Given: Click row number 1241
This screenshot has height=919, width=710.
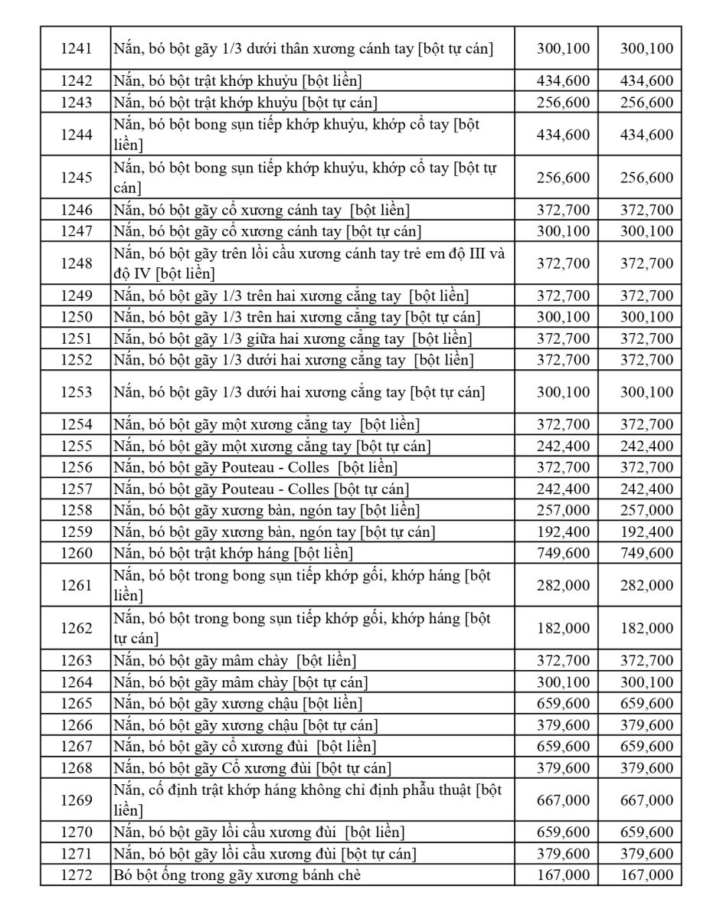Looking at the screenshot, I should click(x=76, y=49).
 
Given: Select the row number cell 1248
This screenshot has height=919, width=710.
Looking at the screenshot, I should click(x=76, y=263).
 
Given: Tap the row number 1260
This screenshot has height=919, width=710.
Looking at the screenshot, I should click(x=76, y=553).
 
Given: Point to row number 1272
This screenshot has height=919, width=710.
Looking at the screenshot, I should click(x=76, y=875).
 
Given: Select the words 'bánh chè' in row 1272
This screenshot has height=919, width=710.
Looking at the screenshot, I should click(x=332, y=875).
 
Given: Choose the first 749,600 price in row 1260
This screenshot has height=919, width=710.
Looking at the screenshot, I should click(x=563, y=553).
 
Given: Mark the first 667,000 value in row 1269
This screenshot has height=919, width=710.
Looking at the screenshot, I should click(x=563, y=800).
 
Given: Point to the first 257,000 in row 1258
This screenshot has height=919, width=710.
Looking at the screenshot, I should click(x=563, y=510).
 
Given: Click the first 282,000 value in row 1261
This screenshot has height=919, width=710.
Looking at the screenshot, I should click(x=563, y=585).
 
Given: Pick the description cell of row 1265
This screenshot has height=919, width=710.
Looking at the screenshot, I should click(x=313, y=703).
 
